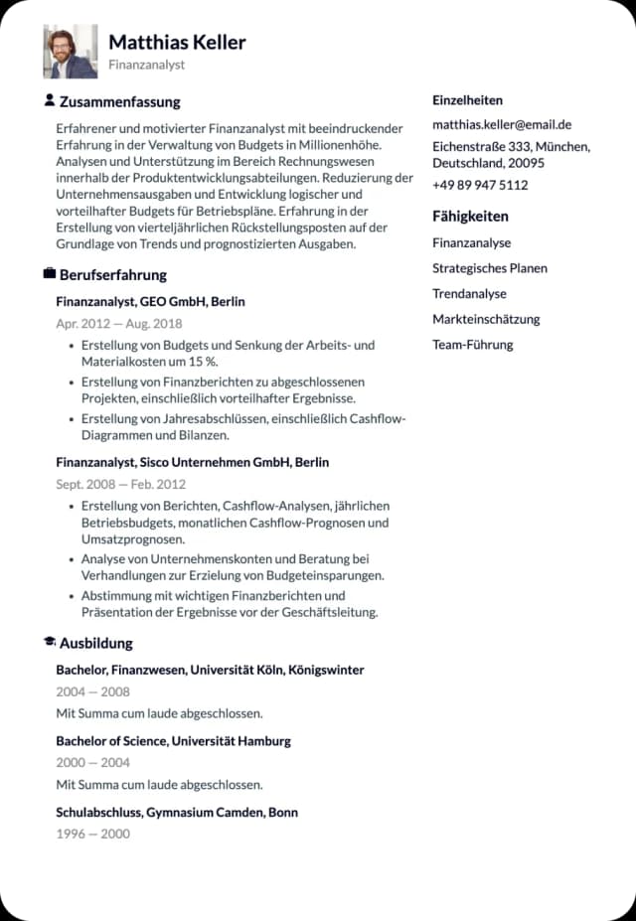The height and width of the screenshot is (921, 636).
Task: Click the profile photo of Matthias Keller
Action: coord(70,52)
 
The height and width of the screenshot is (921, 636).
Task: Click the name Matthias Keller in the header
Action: coord(177,42)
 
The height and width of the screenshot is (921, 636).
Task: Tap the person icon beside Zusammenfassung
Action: coord(50,100)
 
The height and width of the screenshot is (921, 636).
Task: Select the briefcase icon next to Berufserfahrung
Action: coord(50,273)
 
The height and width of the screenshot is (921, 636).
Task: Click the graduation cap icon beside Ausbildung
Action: coord(50,642)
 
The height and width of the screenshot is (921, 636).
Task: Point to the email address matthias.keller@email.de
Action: coord(501,125)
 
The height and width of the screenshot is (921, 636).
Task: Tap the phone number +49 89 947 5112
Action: coord(480,185)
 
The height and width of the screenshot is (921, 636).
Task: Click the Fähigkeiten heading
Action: coord(470,216)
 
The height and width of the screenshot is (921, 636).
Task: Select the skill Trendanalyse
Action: coord(469,294)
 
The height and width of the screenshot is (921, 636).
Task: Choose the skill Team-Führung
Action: coord(472,345)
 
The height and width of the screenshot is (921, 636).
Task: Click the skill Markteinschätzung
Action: coord(486,319)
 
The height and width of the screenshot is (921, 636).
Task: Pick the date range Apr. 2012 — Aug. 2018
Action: coord(118,324)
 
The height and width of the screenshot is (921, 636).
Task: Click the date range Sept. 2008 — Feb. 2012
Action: coord(120,485)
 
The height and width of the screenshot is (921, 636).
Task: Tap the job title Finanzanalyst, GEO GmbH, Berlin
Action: coord(150,301)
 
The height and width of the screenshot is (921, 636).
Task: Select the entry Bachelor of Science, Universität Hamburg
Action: coord(173,741)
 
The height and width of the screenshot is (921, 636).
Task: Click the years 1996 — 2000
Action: coord(92,834)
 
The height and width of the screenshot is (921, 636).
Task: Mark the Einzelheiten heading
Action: coord(467,100)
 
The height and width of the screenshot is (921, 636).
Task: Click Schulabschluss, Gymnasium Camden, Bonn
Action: coord(176,813)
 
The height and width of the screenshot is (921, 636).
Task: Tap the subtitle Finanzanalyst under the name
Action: coord(146,65)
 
